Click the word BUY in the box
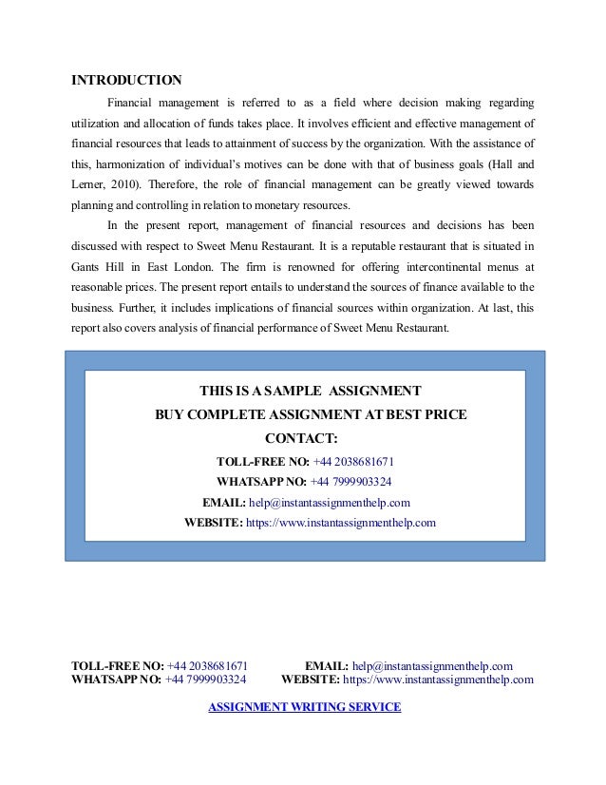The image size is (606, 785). click(x=172, y=415)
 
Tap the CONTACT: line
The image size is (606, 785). click(x=302, y=439)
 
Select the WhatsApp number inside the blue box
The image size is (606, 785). click(x=351, y=481)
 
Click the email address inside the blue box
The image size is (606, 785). click(x=329, y=502)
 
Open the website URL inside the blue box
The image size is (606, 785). click(x=341, y=523)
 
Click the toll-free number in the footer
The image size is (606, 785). click(x=207, y=665)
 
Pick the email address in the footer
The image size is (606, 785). click(x=432, y=665)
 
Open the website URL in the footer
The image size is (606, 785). click(x=438, y=680)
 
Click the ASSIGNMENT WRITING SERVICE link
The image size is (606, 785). click(x=304, y=707)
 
